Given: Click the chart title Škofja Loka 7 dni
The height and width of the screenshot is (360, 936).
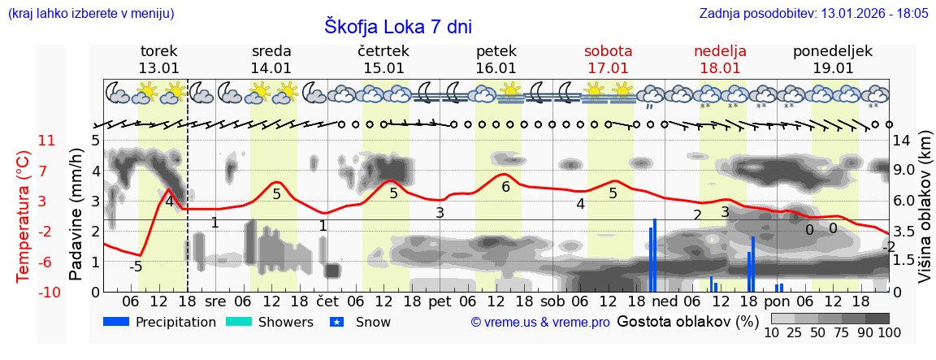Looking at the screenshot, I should click(x=397, y=26).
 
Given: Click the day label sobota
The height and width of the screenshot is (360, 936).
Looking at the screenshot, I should click(x=608, y=51).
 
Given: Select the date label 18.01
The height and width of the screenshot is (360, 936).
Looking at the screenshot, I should click(x=720, y=68).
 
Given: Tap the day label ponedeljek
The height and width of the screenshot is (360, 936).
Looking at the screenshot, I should click(x=833, y=51).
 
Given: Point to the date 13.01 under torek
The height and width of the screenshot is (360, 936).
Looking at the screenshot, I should click(x=158, y=68).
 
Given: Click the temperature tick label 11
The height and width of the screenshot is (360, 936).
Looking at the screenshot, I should click(x=47, y=141).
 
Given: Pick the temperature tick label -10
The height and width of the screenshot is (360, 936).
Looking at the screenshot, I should click(x=45, y=293).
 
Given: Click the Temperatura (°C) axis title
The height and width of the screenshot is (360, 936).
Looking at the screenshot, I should click(x=24, y=216).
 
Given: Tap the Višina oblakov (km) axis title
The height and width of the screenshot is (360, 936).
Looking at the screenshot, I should click(x=925, y=216).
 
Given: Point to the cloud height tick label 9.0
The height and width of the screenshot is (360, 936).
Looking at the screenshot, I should click(x=904, y=171).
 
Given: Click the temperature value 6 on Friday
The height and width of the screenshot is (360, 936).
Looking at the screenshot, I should click(x=505, y=187).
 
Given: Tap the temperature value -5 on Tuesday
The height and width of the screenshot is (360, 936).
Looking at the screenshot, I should click(x=136, y=267).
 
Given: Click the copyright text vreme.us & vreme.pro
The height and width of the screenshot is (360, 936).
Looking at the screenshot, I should click(x=540, y=323).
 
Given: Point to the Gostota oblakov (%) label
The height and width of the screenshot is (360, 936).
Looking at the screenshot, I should click(x=687, y=322).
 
